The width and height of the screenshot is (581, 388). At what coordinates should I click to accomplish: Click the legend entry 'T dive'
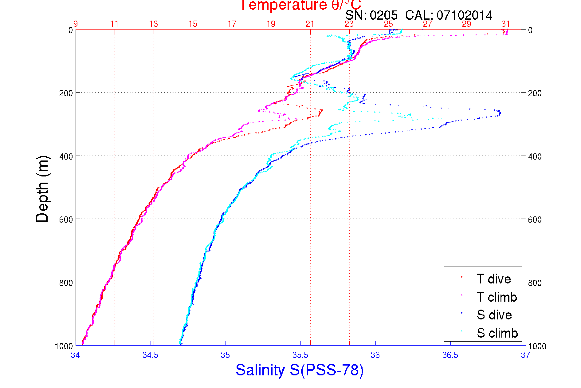[x=493, y=279]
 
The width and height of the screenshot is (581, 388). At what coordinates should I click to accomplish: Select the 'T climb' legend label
[x=497, y=297]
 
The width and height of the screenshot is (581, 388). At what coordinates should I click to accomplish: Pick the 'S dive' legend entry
[x=494, y=315]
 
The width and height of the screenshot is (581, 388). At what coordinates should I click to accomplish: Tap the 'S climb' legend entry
[x=497, y=333]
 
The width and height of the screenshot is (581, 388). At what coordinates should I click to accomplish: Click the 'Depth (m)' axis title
[x=42, y=189]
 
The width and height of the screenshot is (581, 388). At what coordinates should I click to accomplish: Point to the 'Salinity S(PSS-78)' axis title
[x=300, y=370]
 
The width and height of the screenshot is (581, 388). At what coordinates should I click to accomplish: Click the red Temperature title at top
[x=300, y=5]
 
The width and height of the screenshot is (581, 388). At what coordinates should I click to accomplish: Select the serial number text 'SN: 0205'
[x=371, y=15]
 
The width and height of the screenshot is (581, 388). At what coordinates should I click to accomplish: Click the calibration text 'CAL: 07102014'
[x=449, y=15]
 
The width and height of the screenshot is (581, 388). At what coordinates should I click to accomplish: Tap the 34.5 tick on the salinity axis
[x=150, y=355]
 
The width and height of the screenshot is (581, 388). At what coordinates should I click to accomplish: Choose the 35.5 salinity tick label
[x=300, y=355]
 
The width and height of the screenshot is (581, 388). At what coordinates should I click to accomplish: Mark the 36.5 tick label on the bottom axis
[x=450, y=355]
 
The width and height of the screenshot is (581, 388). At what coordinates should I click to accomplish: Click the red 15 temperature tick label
[x=193, y=24]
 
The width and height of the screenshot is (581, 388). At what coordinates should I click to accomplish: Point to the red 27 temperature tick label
[x=427, y=24]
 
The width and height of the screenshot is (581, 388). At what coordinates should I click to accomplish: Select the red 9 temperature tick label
[x=75, y=24]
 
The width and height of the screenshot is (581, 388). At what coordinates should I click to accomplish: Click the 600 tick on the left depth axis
[x=66, y=220]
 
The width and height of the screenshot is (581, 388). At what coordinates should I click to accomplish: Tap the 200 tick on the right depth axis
[x=535, y=93]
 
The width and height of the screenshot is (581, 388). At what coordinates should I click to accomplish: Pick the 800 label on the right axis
[x=535, y=283]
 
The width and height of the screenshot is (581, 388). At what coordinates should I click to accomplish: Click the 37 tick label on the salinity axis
[x=525, y=355]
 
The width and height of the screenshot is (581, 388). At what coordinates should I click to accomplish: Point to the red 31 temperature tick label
[x=505, y=24]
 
